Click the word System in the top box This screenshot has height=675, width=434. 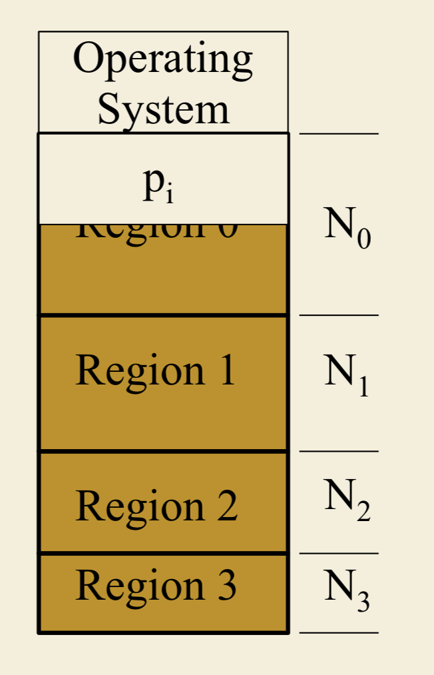pos(163,109)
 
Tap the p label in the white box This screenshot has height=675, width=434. pos(152,183)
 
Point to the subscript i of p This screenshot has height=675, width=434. pos(170,193)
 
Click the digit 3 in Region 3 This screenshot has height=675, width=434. pos(227,586)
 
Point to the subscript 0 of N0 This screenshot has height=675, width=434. pos(363,238)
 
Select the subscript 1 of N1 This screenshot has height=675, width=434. pos(363,387)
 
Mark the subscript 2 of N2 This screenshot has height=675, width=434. pos(363,511)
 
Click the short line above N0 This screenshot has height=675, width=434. pos(339,134)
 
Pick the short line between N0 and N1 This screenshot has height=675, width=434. pos(339,315)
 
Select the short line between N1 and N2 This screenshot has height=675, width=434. pos(339,452)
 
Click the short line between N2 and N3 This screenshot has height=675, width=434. pos(339,554)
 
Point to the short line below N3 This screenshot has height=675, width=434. pos(339,633)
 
